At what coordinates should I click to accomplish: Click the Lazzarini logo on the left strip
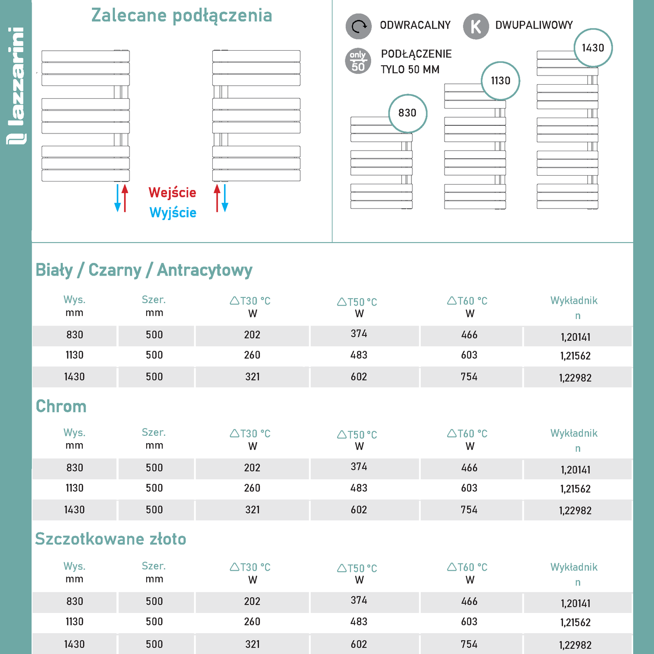16,86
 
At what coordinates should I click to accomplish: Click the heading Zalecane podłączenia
181,15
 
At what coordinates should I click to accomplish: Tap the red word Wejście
172,192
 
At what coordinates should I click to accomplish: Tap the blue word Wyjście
173,212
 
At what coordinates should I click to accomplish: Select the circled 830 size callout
407,113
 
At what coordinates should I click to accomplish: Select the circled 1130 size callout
501,81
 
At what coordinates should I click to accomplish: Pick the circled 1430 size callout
593,48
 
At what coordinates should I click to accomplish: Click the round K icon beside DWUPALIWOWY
476,26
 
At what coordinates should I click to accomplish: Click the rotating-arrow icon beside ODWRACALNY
358,26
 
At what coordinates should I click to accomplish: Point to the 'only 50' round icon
358,61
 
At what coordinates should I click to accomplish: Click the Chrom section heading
61,406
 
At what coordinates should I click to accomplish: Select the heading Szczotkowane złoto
110,539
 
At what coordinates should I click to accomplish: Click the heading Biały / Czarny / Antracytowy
144,270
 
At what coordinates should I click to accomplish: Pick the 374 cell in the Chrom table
359,467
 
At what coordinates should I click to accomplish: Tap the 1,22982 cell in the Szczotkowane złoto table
575,645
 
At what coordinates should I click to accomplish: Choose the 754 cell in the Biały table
469,377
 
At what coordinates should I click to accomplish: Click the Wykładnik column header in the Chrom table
574,434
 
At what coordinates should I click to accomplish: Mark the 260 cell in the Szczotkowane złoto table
252,621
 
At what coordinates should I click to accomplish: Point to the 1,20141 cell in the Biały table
575,337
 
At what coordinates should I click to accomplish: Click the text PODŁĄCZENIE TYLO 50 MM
415,62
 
